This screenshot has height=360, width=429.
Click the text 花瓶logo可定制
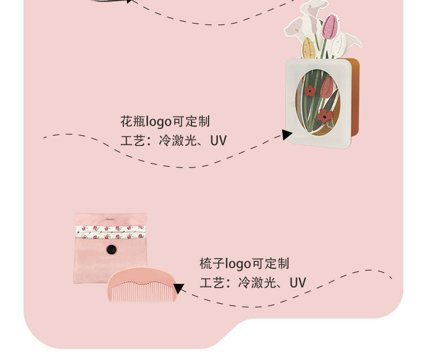[165, 121]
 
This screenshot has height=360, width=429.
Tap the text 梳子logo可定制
[244, 263]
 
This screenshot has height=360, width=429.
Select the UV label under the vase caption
[218, 141]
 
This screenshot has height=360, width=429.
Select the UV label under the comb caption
[298, 283]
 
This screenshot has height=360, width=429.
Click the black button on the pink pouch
[111, 249]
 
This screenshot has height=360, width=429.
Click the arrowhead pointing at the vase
[287, 135]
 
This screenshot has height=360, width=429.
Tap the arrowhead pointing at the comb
[179, 289]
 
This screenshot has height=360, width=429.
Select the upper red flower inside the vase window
[310, 91]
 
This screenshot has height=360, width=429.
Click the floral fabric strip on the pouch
[110, 232]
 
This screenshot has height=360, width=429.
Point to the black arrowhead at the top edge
[128, 1]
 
